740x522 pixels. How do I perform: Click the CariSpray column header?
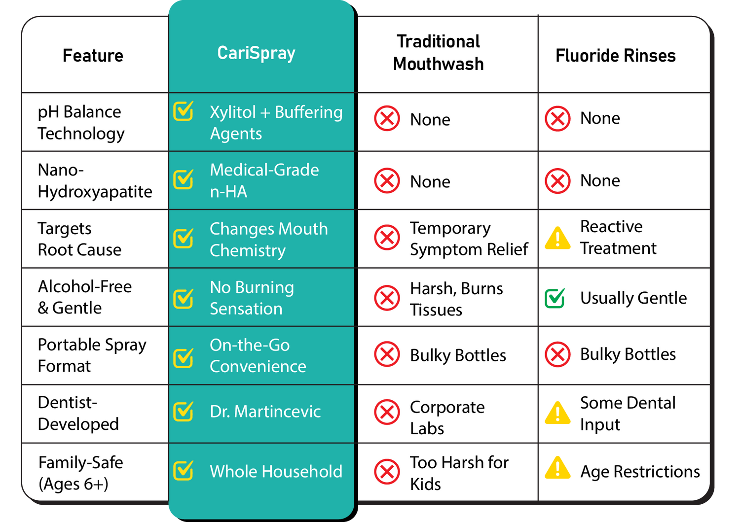tap(256, 53)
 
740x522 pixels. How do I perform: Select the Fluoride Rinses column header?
tap(615, 56)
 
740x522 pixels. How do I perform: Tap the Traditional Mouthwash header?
tap(438, 53)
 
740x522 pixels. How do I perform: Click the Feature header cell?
tap(93, 56)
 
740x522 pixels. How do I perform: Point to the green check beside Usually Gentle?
tap(555, 298)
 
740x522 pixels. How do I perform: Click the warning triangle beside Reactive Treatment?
tap(557, 239)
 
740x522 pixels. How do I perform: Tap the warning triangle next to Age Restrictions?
tap(557, 468)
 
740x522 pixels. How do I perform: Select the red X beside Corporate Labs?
tap(387, 412)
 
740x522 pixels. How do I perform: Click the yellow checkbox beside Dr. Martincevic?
tap(184, 412)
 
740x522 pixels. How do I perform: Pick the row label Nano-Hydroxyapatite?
tap(95, 180)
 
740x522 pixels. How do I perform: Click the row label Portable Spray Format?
tap(92, 355)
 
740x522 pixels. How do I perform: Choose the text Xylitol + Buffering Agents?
tap(276, 122)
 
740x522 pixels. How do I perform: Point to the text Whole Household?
tap(276, 471)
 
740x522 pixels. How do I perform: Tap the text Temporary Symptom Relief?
tap(468, 239)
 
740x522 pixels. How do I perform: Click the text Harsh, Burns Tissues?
tap(456, 299)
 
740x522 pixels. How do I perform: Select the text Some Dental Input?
tap(628, 413)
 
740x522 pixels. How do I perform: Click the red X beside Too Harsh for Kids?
tap(387, 472)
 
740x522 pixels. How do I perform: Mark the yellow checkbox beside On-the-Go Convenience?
tap(184, 358)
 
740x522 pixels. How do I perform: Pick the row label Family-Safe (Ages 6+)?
tap(80, 473)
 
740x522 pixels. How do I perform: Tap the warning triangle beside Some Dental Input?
tap(557, 413)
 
